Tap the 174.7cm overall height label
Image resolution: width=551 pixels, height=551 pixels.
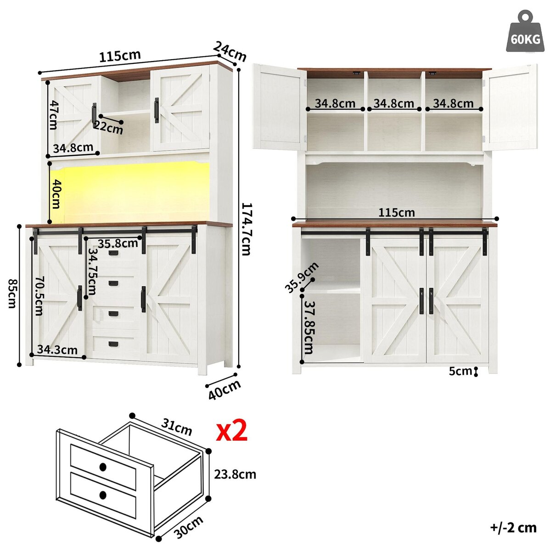[x=246, y=229]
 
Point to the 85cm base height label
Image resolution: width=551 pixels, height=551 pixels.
[x=11, y=293]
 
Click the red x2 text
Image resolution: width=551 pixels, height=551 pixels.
[x=231, y=431]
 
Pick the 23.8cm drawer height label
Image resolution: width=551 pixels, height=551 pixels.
[x=235, y=474]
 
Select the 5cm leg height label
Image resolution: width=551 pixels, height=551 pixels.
[x=460, y=371]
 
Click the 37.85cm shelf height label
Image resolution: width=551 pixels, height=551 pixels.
[x=309, y=327]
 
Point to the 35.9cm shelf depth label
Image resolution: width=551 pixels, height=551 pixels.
[x=302, y=277]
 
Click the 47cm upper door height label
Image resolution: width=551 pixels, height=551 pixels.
[x=53, y=115]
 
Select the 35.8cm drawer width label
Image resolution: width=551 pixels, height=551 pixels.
[x=118, y=244]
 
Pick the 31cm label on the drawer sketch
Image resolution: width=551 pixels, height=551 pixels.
[x=176, y=427]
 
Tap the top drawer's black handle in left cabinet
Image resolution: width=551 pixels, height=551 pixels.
[x=114, y=253]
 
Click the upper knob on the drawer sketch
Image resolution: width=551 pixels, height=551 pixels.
[x=103, y=468]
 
